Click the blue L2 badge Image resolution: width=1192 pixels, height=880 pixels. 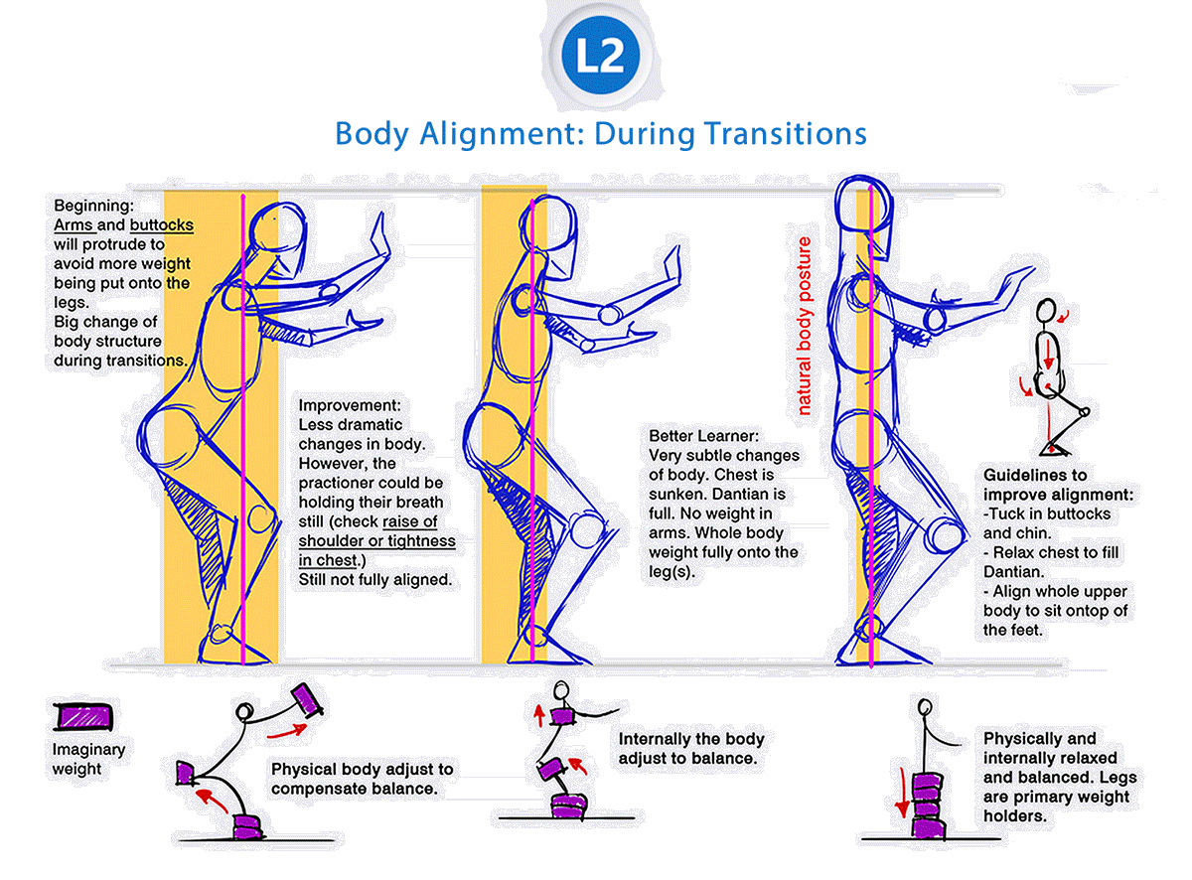(x=598, y=58)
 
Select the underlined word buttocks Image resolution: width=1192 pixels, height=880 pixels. (x=161, y=225)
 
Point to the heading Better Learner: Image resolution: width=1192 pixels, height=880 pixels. (x=704, y=436)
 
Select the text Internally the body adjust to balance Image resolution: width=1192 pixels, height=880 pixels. (x=691, y=749)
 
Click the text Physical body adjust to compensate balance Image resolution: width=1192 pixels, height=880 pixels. (x=362, y=779)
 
